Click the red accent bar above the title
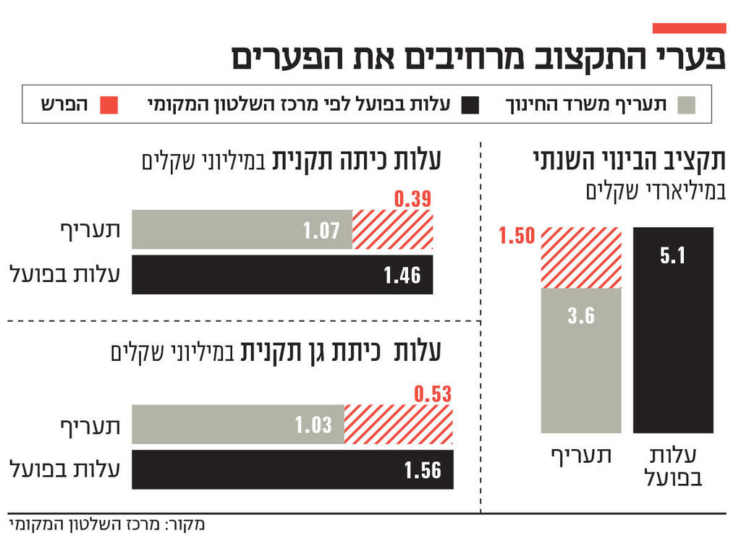(688, 28)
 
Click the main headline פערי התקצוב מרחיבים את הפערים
(478, 58)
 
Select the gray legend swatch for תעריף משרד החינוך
(686, 106)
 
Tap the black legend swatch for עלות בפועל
(470, 106)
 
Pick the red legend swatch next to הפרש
(107, 106)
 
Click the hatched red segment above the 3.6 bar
(580, 257)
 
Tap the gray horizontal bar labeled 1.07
(241, 230)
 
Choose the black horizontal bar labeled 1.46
(282, 275)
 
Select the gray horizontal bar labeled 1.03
(237, 425)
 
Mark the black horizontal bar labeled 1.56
(292, 469)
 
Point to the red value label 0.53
(432, 394)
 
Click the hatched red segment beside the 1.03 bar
(398, 425)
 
